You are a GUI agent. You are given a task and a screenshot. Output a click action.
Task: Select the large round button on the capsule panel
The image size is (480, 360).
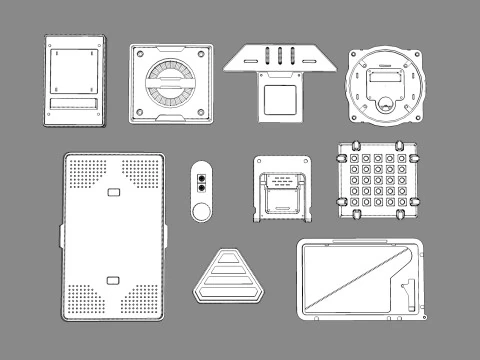[202, 211]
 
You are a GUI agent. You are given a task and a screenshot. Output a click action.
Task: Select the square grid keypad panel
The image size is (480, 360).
[376, 182]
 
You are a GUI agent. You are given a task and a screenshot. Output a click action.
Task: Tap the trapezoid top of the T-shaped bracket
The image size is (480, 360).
[278, 58]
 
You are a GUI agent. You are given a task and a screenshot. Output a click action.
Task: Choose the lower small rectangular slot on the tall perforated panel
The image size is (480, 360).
[113, 277]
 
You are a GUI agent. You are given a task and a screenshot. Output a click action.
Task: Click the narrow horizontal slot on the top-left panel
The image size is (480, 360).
[73, 103]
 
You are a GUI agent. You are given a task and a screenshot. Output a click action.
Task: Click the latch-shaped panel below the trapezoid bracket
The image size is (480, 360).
[283, 189]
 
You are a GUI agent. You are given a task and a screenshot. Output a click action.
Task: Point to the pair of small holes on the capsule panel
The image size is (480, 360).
[202, 180]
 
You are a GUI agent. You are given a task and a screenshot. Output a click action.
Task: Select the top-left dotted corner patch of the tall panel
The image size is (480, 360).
[84, 175]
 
